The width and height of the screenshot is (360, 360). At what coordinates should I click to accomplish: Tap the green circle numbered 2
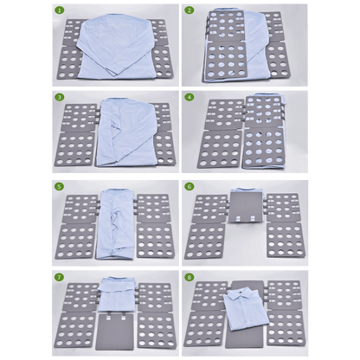(190, 11)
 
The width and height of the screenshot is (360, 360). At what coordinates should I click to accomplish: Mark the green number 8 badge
(190, 276)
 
